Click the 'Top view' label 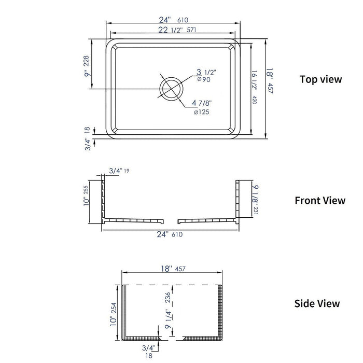click(x=320, y=79)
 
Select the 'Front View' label click(x=320, y=201)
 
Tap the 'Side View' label click(x=317, y=303)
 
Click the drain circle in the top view click(x=171, y=89)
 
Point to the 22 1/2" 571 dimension click(x=177, y=30)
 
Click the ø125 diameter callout click(x=201, y=113)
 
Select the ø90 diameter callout click(x=204, y=79)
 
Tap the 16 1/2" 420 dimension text click(x=254, y=87)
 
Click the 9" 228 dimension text click(x=87, y=66)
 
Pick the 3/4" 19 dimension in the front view click(x=119, y=171)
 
